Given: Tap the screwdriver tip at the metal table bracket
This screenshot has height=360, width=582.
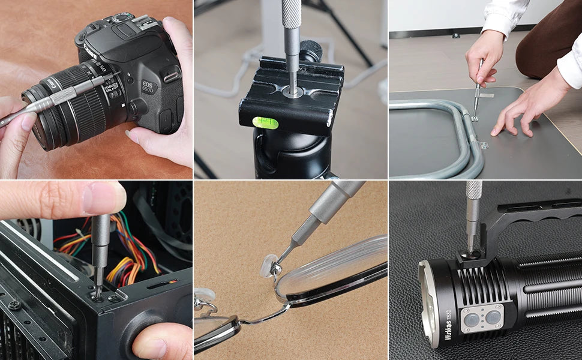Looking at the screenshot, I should (475, 118).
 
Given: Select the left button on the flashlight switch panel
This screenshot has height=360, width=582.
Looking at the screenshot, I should (472, 319).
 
